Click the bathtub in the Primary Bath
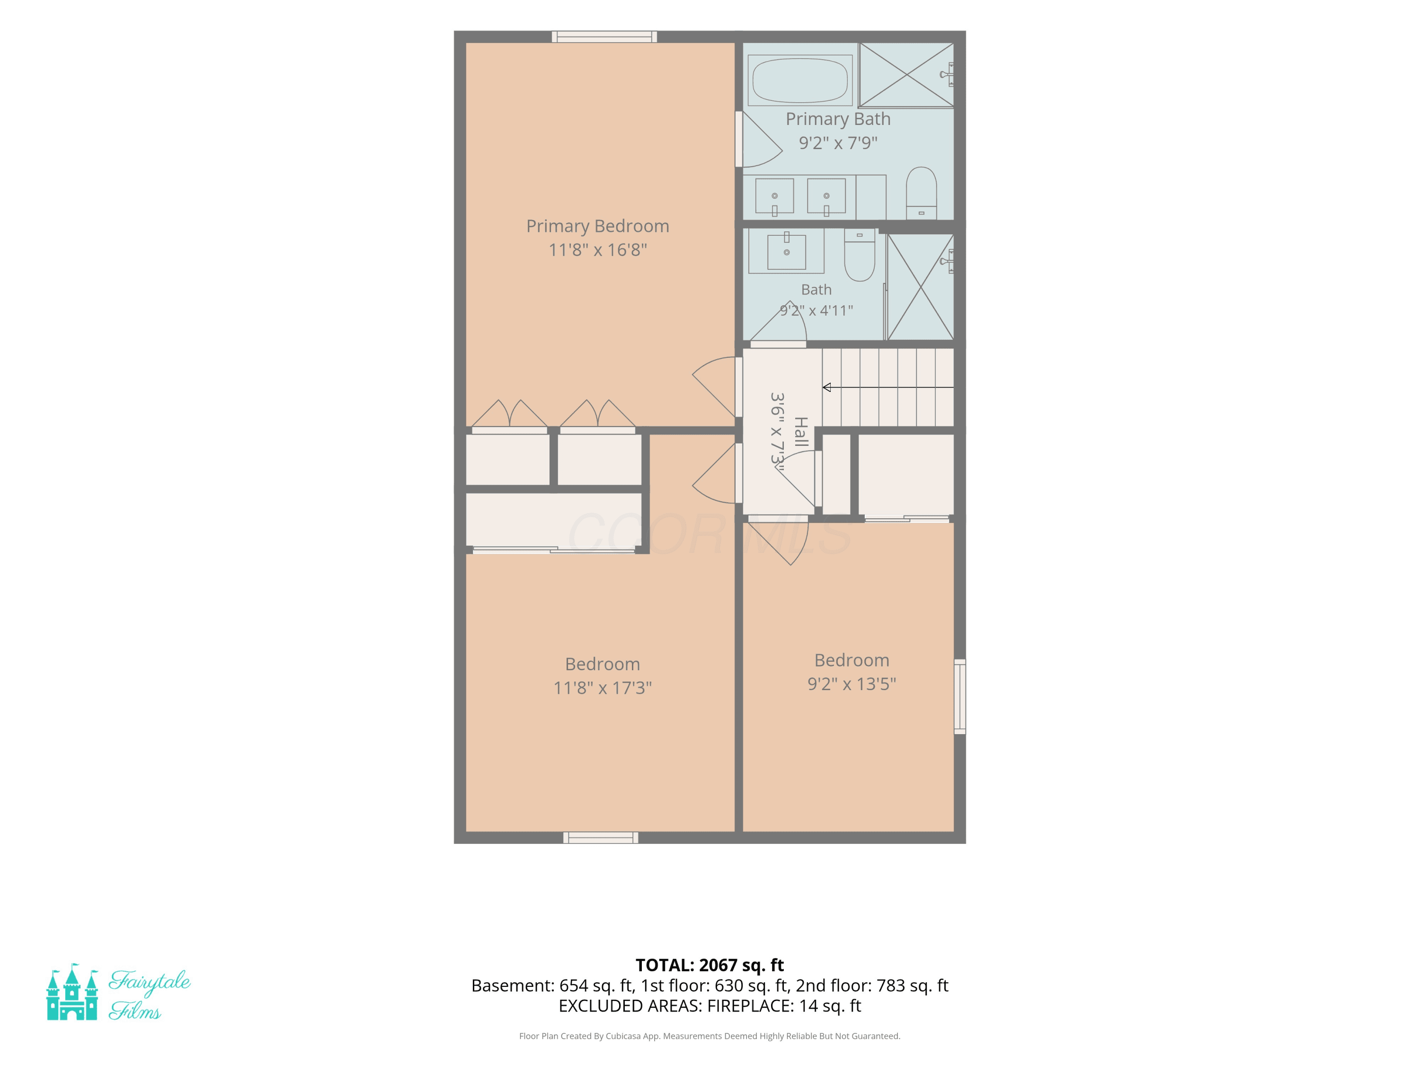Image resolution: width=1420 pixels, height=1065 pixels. [x=800, y=80]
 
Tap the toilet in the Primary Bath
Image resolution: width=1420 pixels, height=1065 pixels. [x=921, y=193]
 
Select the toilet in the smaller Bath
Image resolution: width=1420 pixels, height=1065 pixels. [x=860, y=255]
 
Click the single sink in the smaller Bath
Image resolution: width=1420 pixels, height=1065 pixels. [x=786, y=251]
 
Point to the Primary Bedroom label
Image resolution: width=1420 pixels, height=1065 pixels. [x=598, y=226]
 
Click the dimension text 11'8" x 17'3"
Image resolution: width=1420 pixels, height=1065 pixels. [x=603, y=688]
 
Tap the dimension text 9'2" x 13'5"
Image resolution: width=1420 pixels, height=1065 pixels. [x=852, y=683]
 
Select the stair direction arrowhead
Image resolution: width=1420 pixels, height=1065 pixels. [x=827, y=387]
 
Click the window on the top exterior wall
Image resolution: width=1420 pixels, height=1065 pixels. [x=604, y=36]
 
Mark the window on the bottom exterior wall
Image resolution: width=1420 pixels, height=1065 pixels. [x=601, y=838]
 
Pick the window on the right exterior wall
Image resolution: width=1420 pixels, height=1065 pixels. [x=960, y=697]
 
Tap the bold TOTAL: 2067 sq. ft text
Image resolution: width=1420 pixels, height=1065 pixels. [x=710, y=965]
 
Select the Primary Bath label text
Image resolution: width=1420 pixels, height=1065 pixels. [x=838, y=119]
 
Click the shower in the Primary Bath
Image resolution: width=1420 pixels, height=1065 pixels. [x=906, y=74]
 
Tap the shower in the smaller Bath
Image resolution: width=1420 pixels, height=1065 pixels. [x=921, y=286]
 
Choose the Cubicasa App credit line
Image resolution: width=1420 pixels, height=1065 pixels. [x=710, y=1036]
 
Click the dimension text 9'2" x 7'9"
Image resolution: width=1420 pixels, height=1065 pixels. [x=838, y=142]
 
